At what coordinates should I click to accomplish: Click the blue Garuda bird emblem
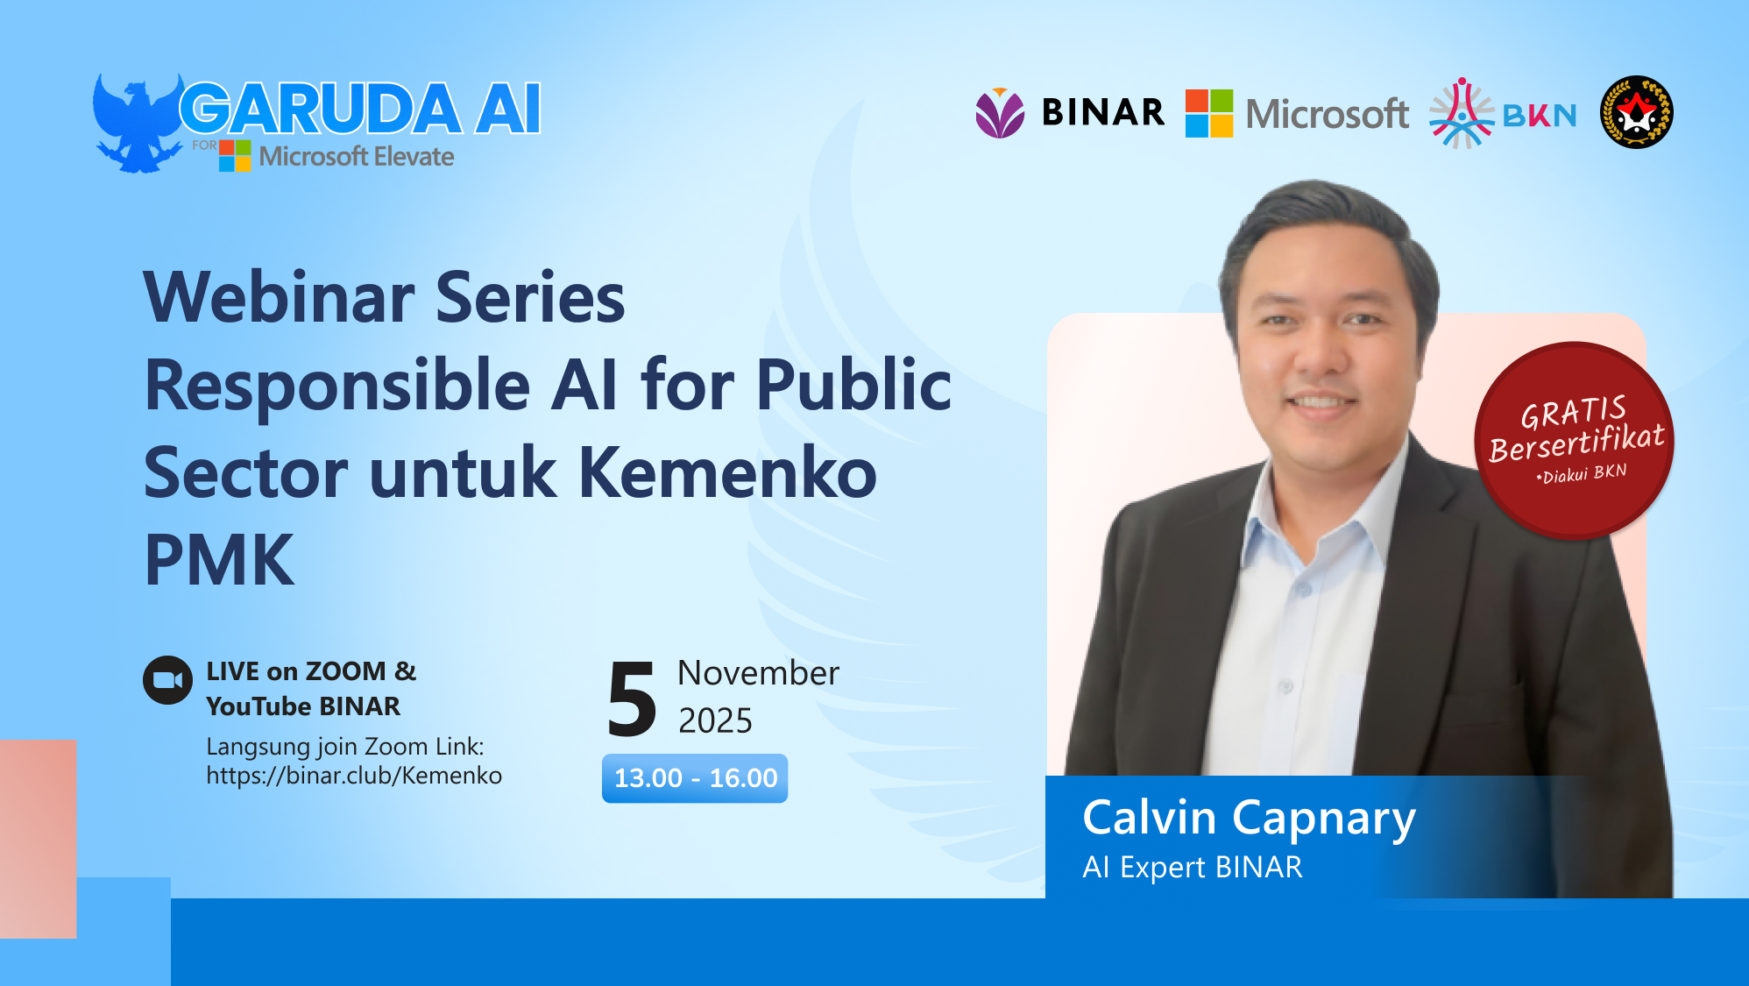tap(137, 123)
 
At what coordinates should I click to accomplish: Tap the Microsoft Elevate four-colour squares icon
tap(235, 156)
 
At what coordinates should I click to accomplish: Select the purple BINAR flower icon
tap(1000, 113)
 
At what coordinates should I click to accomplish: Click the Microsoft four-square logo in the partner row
tap(1209, 113)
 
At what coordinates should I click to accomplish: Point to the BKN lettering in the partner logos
tap(1540, 115)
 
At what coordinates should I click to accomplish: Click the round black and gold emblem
tap(1636, 112)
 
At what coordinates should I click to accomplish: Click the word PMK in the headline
tap(219, 561)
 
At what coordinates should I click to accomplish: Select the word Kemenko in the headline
tap(727, 473)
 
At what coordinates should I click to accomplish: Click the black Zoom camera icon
tap(167, 680)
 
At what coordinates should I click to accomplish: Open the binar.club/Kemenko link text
tap(354, 776)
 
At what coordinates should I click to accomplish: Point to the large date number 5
tap(632, 699)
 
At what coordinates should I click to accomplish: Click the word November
tap(758, 673)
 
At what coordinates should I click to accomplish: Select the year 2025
tap(715, 720)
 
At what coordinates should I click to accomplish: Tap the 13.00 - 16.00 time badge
tap(695, 778)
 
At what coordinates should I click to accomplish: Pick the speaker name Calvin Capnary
tap(1249, 818)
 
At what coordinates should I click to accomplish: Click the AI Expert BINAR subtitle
tap(1192, 867)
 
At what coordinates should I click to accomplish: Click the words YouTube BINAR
tap(303, 706)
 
